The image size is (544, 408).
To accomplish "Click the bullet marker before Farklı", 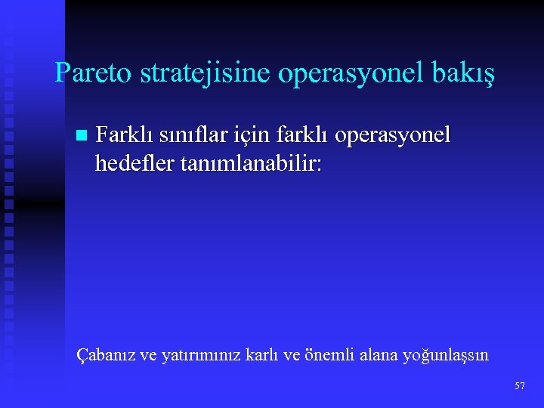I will pyautogui.click(x=82, y=136).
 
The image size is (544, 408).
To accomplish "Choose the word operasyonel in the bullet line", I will pyautogui.click(x=392, y=136).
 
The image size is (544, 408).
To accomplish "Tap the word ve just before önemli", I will pyautogui.click(x=292, y=355).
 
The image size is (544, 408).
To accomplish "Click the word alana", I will pyautogui.click(x=377, y=354).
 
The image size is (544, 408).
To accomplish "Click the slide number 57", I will pyautogui.click(x=519, y=386).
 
